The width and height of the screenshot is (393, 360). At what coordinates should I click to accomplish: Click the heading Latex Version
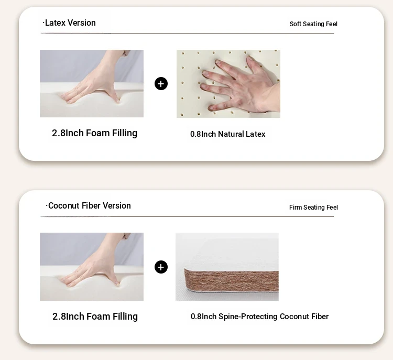point(69,23)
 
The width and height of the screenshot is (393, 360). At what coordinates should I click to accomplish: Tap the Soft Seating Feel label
point(313,24)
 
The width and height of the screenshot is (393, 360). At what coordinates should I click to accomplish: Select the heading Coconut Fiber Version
point(88,205)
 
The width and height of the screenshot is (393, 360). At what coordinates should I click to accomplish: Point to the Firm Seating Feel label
point(313,208)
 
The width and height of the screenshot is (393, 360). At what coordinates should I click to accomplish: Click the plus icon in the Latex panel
point(161,84)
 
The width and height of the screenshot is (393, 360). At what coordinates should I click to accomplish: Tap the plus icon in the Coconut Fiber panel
point(161,267)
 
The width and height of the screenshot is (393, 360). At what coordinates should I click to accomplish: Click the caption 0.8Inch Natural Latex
point(227,134)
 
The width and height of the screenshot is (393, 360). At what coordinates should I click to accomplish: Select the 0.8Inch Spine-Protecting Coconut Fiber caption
point(259,317)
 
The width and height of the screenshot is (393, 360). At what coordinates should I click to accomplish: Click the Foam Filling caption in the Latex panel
point(94,133)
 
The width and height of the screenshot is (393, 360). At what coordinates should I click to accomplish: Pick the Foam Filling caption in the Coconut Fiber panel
point(95,317)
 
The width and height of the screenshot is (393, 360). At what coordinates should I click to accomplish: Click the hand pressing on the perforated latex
point(241,85)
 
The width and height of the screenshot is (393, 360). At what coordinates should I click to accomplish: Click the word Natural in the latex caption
point(231,134)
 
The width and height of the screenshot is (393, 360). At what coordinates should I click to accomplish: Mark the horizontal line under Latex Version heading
point(187,33)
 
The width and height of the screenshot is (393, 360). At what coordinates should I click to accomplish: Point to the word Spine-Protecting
point(248,317)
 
